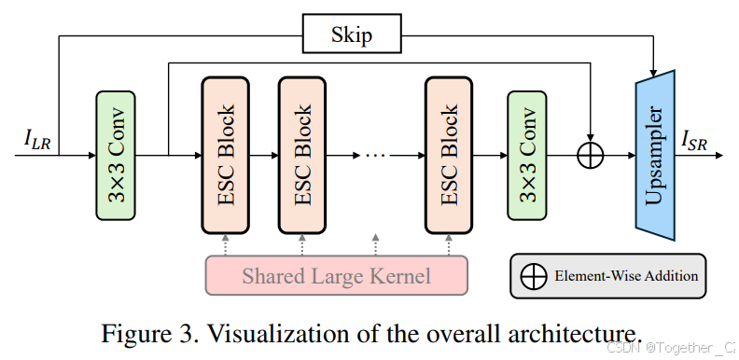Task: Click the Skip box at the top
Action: click(351, 36)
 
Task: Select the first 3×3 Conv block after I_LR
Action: click(116, 156)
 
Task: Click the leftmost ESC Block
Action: click(225, 155)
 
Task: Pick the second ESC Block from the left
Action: click(301, 155)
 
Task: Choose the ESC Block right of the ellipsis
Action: click(448, 155)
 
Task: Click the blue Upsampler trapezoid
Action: click(655, 155)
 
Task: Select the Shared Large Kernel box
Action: click(336, 276)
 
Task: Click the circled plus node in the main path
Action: click(591, 156)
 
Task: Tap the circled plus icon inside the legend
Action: click(535, 275)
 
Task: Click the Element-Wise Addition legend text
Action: click(625, 275)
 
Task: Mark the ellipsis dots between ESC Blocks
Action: click(374, 156)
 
